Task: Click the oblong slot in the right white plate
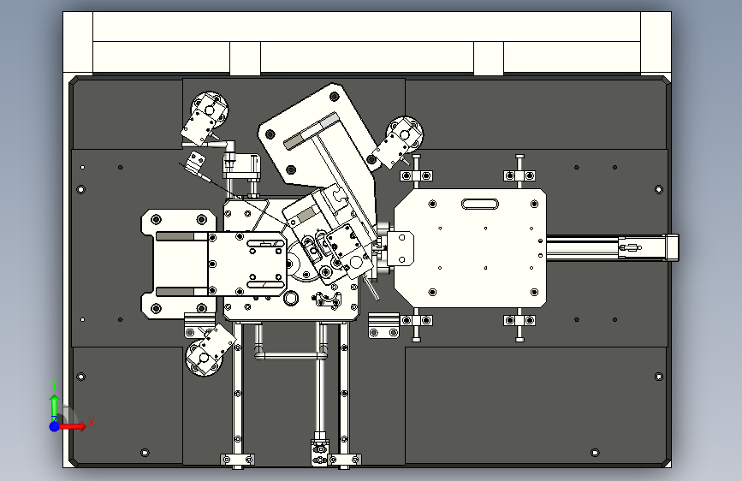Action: (x=479, y=204)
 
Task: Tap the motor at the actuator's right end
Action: (x=668, y=246)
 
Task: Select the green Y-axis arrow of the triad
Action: (x=54, y=403)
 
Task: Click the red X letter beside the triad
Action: (x=90, y=422)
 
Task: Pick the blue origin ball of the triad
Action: (x=54, y=425)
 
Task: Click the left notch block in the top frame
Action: (x=245, y=59)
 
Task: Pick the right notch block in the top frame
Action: (x=488, y=59)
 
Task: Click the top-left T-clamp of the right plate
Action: (x=416, y=175)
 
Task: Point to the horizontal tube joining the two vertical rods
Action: (x=292, y=353)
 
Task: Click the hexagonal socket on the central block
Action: (x=292, y=298)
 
